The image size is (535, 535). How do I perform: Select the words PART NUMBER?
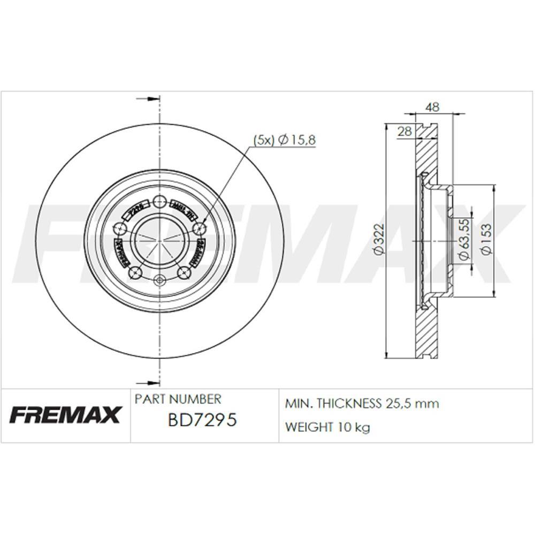pyautogui.click(x=177, y=399)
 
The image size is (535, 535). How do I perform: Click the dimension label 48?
pyautogui.click(x=432, y=107)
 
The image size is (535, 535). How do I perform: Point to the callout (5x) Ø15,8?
pyautogui.click(x=284, y=140)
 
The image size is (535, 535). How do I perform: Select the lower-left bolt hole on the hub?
pyautogui.click(x=136, y=273)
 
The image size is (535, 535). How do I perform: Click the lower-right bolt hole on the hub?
pyautogui.click(x=184, y=273)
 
